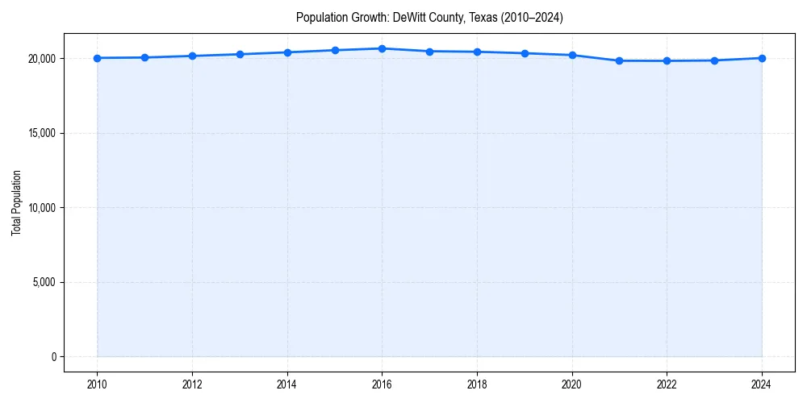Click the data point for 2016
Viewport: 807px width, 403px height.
[x=382, y=48]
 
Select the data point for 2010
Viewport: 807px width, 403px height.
[x=97, y=58]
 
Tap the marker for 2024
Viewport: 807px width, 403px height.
[x=762, y=58]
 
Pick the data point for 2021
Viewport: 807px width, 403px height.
[x=619, y=60]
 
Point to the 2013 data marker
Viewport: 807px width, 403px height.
[x=240, y=54]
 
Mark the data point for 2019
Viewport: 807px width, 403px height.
[x=525, y=53]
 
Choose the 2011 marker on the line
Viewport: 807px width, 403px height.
[x=144, y=57]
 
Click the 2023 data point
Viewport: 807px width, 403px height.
[x=714, y=60]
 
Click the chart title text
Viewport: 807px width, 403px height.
[x=429, y=17]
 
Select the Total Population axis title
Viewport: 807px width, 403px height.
[x=16, y=202]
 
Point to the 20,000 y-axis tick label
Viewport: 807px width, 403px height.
[x=41, y=59]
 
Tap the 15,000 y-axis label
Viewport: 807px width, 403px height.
[x=41, y=133]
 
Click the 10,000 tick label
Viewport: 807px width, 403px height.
[x=41, y=208]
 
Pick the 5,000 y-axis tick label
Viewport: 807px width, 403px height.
[x=44, y=282]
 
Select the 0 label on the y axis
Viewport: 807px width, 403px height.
[x=52, y=357]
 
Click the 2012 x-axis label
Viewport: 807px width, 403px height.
[x=192, y=384]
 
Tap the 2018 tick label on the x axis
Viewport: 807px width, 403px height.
[x=477, y=384]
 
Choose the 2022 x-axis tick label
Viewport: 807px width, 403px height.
[x=667, y=384]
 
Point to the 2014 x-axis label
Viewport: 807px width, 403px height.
[x=287, y=384]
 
